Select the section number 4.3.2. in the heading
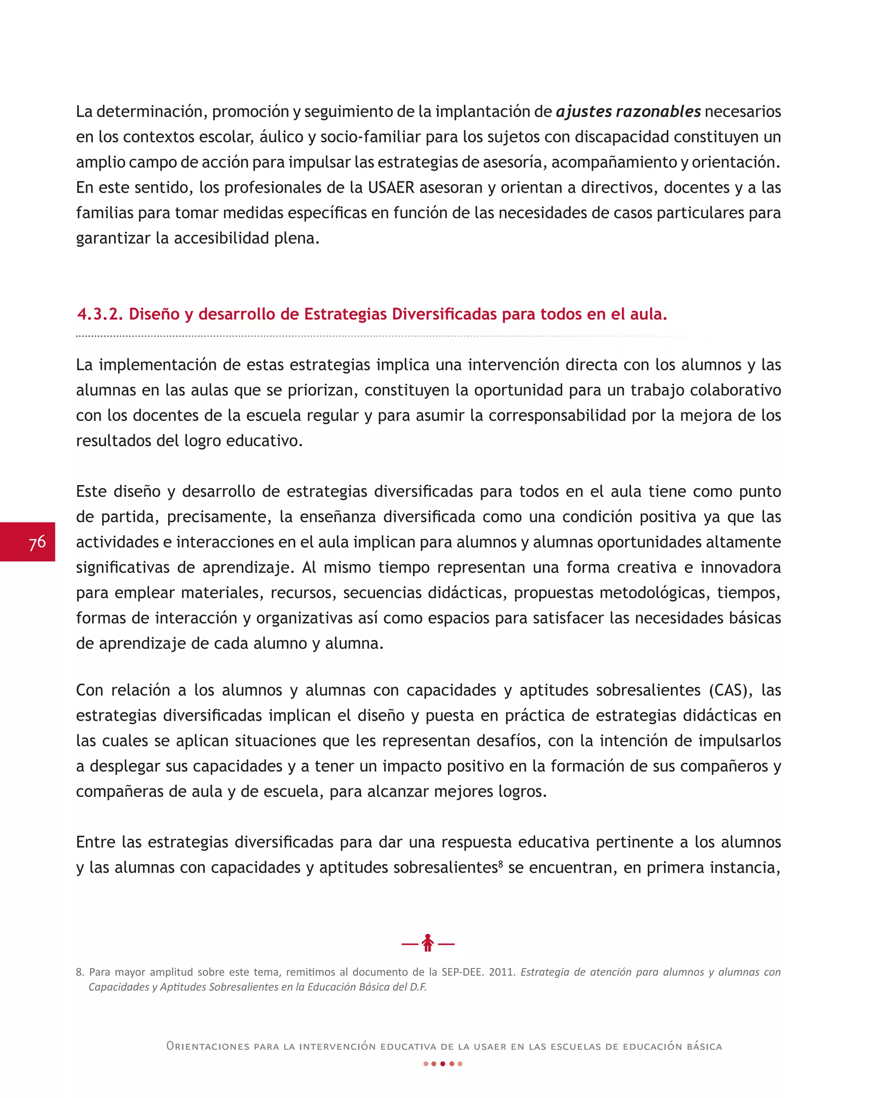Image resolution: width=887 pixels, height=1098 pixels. point(100,314)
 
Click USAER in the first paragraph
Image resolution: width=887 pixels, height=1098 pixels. point(391,188)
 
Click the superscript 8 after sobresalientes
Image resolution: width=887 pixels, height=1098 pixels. point(501,864)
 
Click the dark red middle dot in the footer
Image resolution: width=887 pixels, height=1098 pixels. point(443,1064)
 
